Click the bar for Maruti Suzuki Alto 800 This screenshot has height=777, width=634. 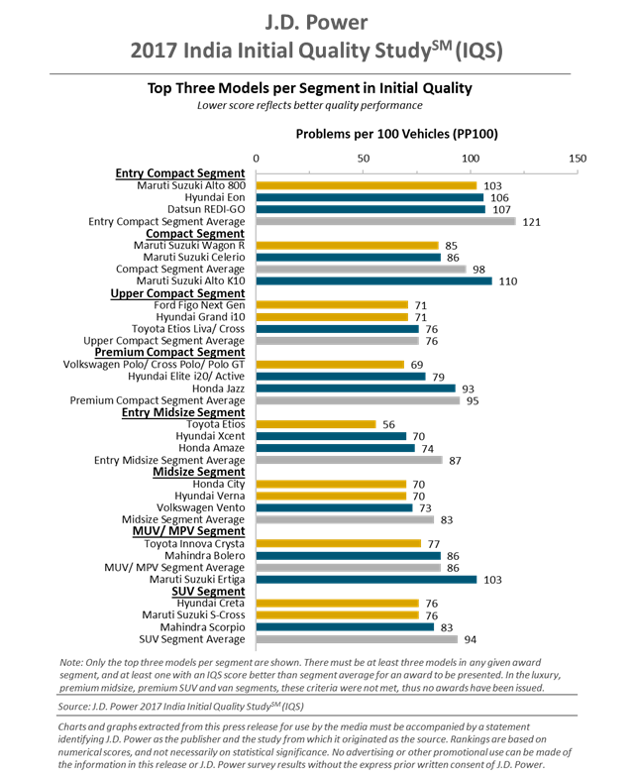(x=367, y=185)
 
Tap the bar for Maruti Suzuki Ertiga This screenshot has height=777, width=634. (x=367, y=580)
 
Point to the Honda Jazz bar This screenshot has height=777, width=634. (x=356, y=388)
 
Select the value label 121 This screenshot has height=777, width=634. (x=532, y=221)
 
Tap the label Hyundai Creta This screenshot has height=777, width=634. (x=211, y=604)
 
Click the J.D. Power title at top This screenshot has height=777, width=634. (x=316, y=19)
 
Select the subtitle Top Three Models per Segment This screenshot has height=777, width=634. (x=308, y=87)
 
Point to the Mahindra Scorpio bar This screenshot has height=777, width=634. (x=346, y=627)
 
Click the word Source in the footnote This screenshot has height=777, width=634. (x=78, y=707)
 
